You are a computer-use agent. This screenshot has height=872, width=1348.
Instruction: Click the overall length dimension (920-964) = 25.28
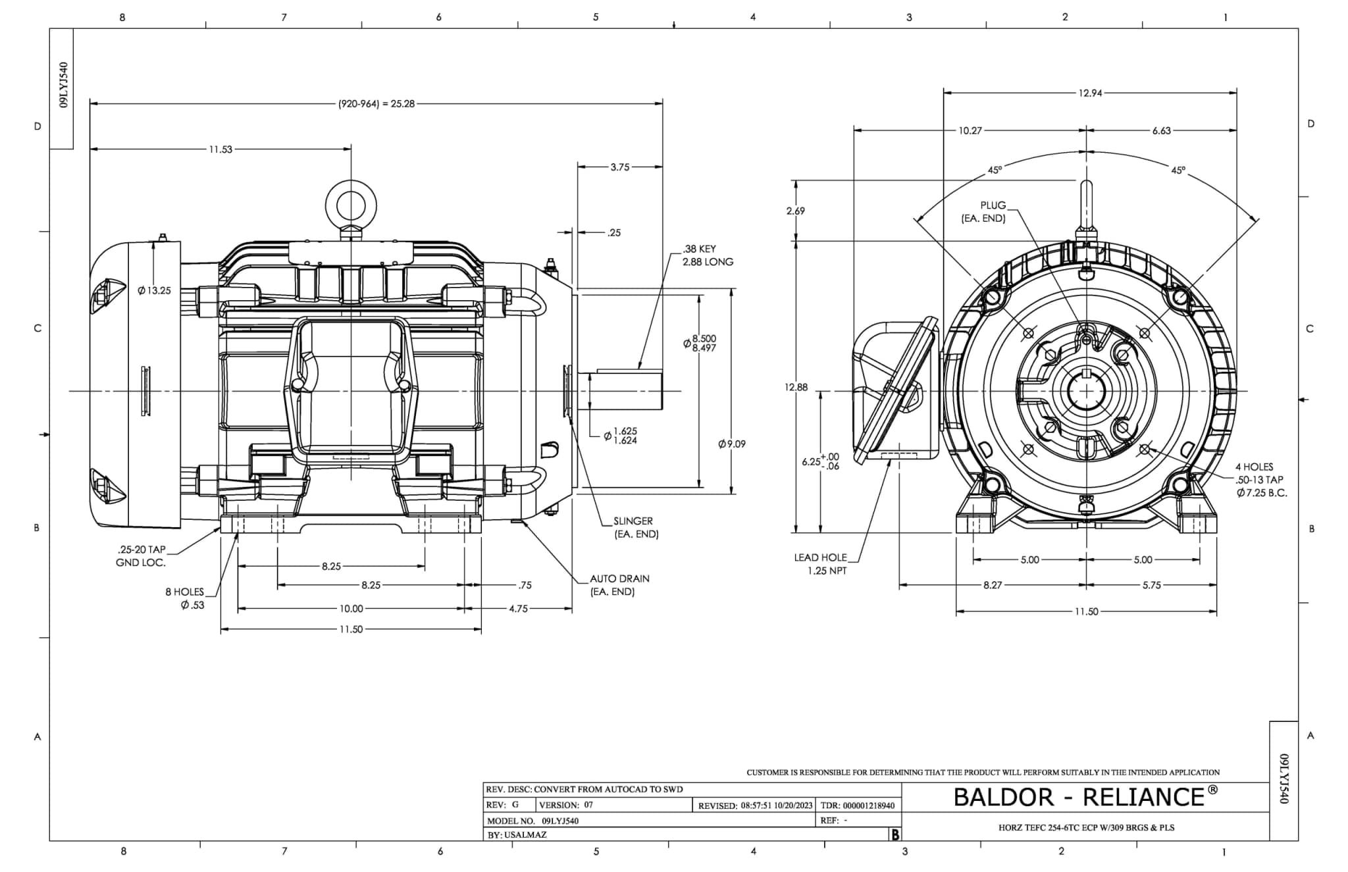click(376, 104)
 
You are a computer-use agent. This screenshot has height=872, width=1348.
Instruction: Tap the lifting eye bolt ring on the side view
click(351, 205)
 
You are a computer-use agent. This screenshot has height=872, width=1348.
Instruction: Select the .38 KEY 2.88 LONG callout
click(708, 255)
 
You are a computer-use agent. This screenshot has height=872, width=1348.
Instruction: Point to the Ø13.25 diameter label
click(154, 291)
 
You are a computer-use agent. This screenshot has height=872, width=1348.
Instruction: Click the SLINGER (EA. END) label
click(636, 528)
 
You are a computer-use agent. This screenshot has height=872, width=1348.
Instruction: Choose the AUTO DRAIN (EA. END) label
click(619, 585)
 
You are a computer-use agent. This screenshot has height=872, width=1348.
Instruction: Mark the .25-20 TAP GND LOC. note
click(141, 556)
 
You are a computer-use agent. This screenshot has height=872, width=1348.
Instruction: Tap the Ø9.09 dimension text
click(732, 444)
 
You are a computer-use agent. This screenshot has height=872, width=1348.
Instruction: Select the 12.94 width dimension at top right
click(1090, 93)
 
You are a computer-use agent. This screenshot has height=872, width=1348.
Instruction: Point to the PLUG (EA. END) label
click(984, 212)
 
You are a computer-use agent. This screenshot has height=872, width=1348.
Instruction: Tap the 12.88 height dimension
click(796, 387)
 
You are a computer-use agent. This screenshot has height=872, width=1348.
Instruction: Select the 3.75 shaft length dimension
click(620, 167)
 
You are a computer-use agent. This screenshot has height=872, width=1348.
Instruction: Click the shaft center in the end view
click(1086, 392)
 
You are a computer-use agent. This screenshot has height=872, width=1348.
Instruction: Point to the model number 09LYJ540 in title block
click(560, 821)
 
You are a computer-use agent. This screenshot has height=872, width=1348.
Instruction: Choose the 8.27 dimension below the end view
click(993, 585)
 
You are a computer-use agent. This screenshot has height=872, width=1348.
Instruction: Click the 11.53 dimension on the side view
click(220, 149)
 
